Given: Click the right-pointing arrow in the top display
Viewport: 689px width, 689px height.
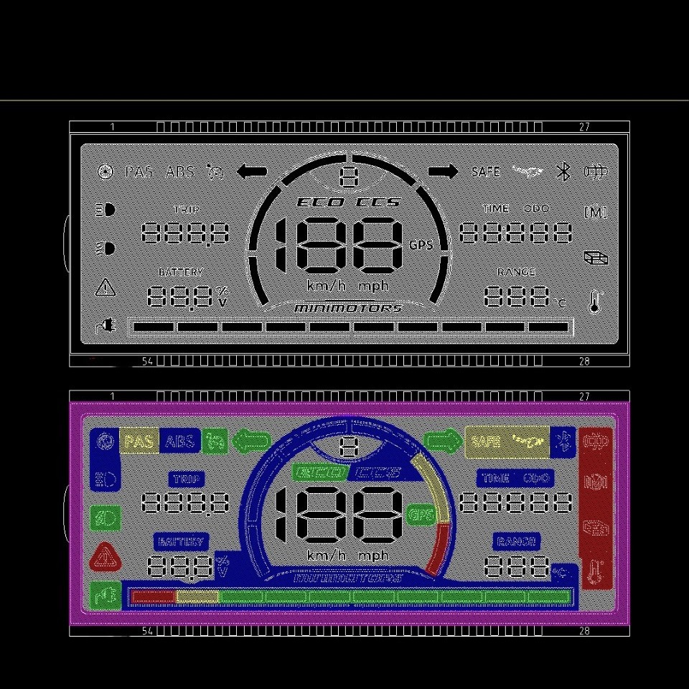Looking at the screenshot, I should tap(443, 172).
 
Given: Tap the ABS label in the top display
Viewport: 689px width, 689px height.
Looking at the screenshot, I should tap(179, 172).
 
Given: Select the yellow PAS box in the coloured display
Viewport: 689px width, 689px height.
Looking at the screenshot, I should tap(139, 441).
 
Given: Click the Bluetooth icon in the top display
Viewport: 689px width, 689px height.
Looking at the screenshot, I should tap(563, 172).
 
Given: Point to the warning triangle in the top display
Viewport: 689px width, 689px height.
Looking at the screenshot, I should tap(106, 288).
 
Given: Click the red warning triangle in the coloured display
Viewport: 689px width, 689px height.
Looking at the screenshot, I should tap(106, 556).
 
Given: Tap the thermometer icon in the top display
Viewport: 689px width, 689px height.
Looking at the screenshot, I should tap(594, 301).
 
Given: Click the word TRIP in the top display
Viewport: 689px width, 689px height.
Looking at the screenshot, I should tap(187, 210).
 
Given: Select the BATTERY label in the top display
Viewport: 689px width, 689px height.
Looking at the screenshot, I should tap(181, 272).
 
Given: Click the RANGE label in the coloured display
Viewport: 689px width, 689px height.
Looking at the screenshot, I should tap(516, 542).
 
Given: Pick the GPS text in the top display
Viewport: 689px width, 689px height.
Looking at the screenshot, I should tap(421, 245).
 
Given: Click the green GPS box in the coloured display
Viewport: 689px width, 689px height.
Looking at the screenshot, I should tap(420, 514).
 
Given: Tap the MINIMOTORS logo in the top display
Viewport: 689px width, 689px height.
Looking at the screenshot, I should tap(348, 308).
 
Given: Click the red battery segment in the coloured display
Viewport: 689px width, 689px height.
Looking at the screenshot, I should tap(153, 596).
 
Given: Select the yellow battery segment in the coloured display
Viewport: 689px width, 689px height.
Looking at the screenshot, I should tap(197, 596).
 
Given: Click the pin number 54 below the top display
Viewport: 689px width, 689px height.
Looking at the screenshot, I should tap(147, 362).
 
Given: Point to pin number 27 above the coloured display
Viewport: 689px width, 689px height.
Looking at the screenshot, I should tap(584, 396).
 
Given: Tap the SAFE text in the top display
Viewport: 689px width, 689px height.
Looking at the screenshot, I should tap(486, 172).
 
